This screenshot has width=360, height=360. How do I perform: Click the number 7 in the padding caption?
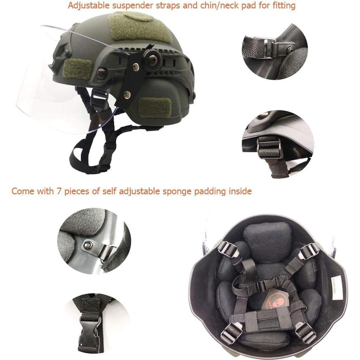[x=59, y=191]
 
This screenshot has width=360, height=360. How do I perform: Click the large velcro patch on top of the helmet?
[x=139, y=27]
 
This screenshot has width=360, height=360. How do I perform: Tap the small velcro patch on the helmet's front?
[x=77, y=68]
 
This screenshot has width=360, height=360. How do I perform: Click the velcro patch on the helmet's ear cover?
[x=155, y=107]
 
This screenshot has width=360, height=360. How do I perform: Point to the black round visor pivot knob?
[x=152, y=60]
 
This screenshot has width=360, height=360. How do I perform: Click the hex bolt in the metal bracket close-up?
[x=87, y=245]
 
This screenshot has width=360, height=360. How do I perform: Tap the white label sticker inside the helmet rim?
[x=336, y=289]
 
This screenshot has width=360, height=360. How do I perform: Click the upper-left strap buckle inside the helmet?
[x=227, y=248]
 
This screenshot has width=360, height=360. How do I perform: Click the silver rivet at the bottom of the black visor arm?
[x=126, y=95]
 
